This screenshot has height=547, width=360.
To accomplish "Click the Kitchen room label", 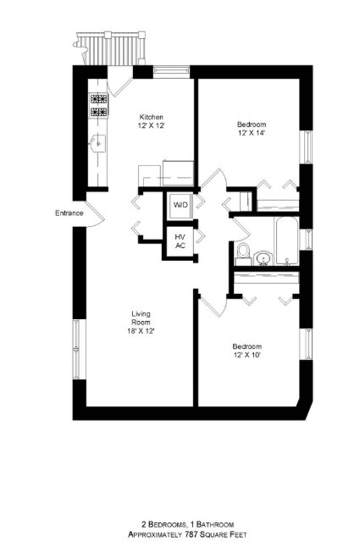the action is tap(151, 117).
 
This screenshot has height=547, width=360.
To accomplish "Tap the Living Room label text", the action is tap(141, 318).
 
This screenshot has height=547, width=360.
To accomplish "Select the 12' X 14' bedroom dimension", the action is tap(252, 133).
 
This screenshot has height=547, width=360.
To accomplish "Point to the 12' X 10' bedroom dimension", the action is tap(247, 355).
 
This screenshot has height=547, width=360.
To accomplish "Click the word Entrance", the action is tap(69, 213).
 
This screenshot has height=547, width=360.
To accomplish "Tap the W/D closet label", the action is tap(180, 204).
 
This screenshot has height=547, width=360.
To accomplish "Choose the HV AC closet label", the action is tap(180, 241).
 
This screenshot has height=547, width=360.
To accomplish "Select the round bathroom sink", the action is tap(263, 258).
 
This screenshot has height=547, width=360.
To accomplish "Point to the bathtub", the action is tap(287, 241).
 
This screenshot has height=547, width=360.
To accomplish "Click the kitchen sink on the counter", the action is tap(97, 143).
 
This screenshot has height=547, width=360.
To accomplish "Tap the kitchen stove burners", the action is tap(99, 105).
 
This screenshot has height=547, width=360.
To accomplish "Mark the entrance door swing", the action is tap(92, 213).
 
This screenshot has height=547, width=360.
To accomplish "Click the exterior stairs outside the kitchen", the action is tap(110, 48).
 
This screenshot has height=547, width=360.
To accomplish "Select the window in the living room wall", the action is tap(76, 349).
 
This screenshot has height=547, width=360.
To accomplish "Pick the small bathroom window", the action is tap(307, 240).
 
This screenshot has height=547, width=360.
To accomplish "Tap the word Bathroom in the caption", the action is tap(215, 524).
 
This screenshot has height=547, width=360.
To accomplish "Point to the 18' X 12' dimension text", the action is tap(141, 331).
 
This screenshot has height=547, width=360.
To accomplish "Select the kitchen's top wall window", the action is tap(172, 71).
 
